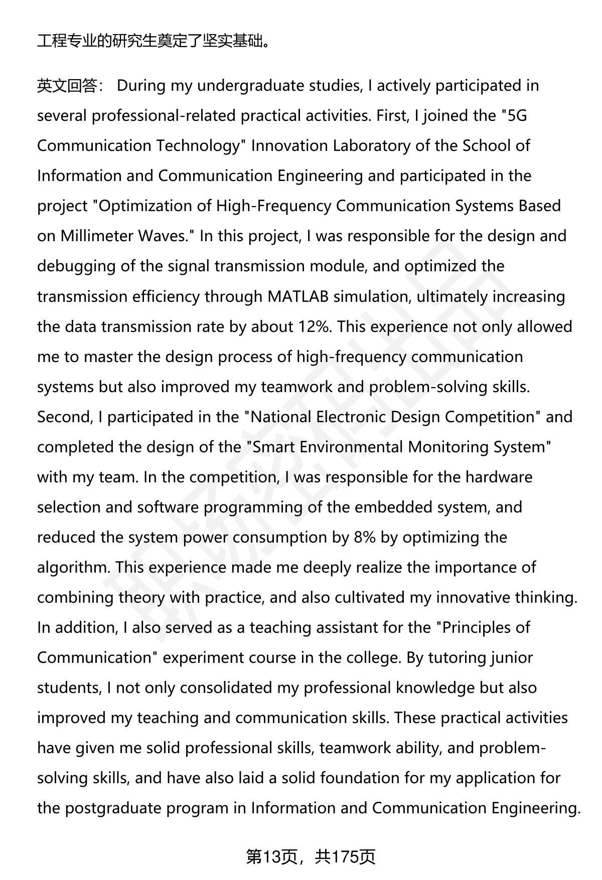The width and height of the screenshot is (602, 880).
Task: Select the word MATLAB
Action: click(298, 296)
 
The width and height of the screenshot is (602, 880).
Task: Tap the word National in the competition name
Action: click(281, 417)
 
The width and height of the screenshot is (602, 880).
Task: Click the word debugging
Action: click(76, 266)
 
